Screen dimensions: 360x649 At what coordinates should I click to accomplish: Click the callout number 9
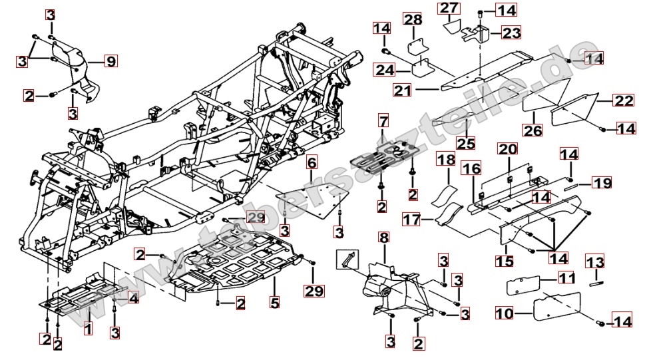pyautogui.click(x=110, y=62)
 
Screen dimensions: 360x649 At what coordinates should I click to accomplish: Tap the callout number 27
pyautogui.click(x=449, y=9)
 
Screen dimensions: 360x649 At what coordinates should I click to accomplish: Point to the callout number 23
pyautogui.click(x=512, y=33)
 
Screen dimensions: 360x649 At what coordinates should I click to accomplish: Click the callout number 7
pyautogui.click(x=383, y=121)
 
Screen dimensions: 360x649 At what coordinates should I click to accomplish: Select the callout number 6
pyautogui.click(x=311, y=162)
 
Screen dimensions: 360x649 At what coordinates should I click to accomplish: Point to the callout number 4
pyautogui.click(x=134, y=299)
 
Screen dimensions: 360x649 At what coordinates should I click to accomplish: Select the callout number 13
pyautogui.click(x=594, y=260)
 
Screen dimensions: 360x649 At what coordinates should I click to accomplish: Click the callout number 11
pyautogui.click(x=566, y=278)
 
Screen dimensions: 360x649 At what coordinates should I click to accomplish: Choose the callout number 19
pyautogui.click(x=602, y=182)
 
